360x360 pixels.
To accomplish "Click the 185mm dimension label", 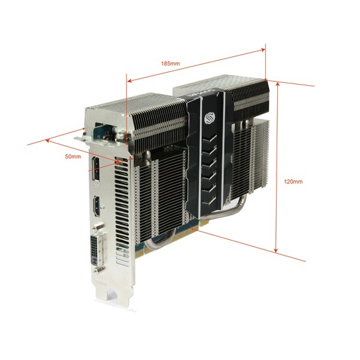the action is pos(170,63).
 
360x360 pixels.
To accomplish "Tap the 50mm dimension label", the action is pos(73,157).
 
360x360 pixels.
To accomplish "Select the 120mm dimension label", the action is pos(293,182).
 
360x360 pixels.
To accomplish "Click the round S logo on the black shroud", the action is pos(209,118).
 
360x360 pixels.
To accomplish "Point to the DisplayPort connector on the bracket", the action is pos(96,169).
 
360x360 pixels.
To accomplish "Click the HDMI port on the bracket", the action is pos(97,206).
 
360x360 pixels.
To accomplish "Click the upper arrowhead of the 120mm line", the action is pos(278,84).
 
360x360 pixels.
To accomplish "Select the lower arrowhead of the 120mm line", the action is pos(276,250).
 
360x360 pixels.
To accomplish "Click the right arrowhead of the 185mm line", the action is pos(263,50).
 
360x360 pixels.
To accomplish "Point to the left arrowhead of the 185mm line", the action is pos(130,80).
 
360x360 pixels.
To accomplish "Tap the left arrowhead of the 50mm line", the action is pos(48,140).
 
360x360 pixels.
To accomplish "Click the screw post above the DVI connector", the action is pos(97,227).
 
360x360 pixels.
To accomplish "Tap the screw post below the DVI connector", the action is pos(98,271).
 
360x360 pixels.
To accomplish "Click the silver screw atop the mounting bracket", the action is pos(119,136).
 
